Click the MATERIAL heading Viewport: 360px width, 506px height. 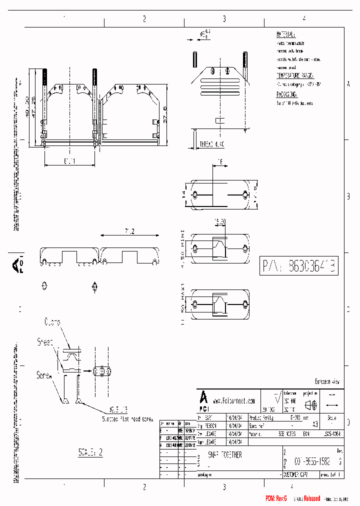285,35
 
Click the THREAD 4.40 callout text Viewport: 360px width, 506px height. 212,143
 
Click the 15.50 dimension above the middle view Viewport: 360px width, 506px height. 220,220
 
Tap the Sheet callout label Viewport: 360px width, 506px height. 45,342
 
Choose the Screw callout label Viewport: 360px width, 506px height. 44,374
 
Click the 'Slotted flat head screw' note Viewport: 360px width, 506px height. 127,419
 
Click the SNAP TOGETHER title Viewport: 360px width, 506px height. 225,455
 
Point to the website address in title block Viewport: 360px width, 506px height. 233,400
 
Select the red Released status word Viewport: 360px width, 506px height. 309,498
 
